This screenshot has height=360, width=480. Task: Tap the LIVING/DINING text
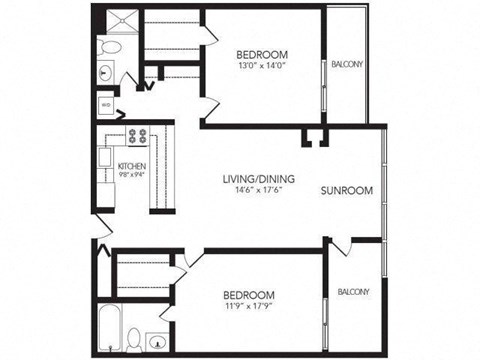tap(255, 180)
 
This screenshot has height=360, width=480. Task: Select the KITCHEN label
tap(132, 166)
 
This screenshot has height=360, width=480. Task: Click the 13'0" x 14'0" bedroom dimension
tap(263, 66)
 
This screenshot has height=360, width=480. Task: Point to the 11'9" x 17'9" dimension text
tap(248, 308)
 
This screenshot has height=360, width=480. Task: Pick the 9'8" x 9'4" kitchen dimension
tap(132, 175)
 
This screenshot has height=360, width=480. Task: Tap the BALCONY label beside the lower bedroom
tap(353, 292)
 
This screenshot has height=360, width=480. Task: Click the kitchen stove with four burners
tap(137, 138)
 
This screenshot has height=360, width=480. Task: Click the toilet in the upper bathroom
tap(111, 47)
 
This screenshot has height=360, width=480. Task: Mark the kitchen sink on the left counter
tap(106, 157)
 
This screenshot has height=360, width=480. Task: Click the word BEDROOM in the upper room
tap(263, 54)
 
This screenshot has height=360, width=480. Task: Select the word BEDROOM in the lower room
tap(248, 296)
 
